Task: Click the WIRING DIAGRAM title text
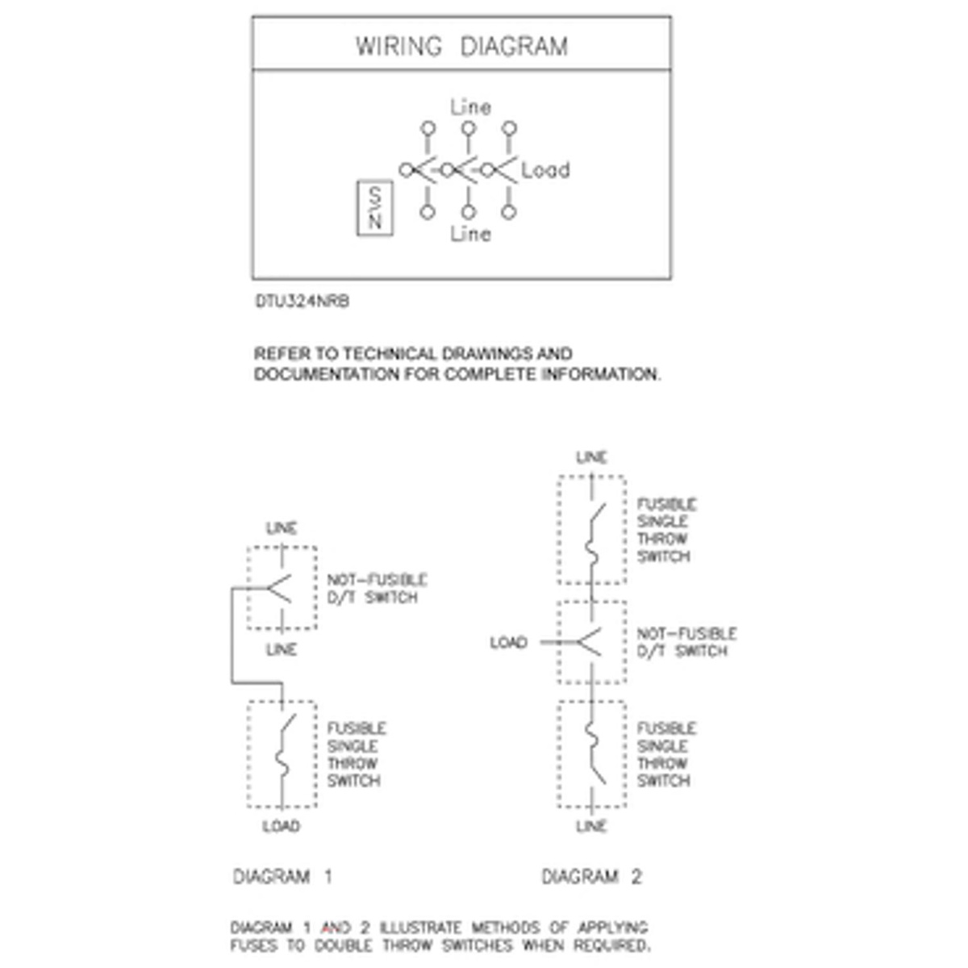tap(461, 46)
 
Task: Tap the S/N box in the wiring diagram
tap(375, 209)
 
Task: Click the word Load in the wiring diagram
tap(545, 170)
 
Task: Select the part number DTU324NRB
tap(302, 302)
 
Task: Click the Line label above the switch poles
tap(470, 106)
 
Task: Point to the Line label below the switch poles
tap(470, 234)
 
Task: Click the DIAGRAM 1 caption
tap(282, 877)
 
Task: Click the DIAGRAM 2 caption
tap(591, 877)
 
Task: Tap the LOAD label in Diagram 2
tap(508, 643)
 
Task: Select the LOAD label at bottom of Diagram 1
tap(281, 826)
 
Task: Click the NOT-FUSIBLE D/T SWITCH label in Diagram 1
tap(377, 589)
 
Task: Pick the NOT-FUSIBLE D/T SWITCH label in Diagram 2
tap(686, 643)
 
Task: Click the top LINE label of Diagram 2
tap(591, 457)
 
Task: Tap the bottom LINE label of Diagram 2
tap(591, 826)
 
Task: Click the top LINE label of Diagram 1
tap(281, 528)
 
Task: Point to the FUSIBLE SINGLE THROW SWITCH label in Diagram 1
tap(356, 754)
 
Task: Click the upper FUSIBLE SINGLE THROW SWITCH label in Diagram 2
tap(665, 530)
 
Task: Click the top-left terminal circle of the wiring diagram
tap(428, 128)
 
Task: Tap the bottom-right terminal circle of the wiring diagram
tap(508, 212)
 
